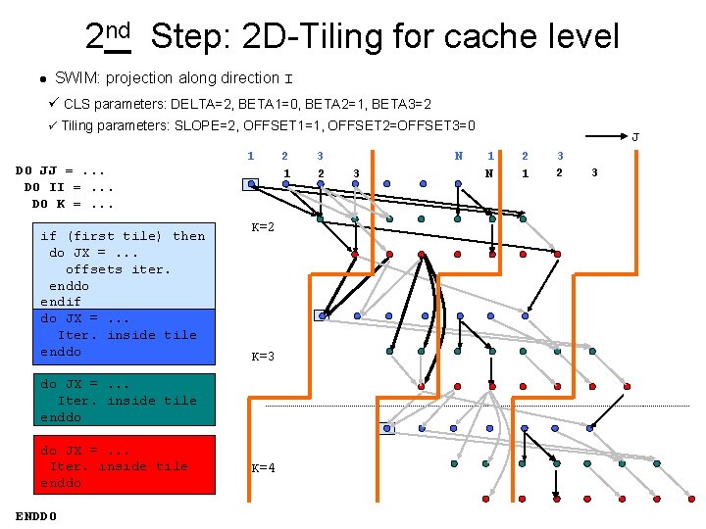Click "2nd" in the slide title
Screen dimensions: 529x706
click(108, 36)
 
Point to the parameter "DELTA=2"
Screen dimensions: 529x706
click(197, 103)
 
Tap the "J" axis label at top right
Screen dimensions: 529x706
click(634, 137)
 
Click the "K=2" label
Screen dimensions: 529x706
click(263, 227)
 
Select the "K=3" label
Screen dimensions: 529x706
click(263, 357)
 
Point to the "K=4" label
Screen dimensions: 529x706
click(263, 467)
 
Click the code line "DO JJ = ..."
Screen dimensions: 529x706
click(61, 170)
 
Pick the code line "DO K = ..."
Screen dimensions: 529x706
click(73, 204)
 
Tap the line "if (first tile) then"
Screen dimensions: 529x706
click(123, 236)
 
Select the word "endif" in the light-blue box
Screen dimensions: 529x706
click(60, 302)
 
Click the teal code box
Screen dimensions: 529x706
click(126, 401)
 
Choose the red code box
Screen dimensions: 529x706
click(126, 466)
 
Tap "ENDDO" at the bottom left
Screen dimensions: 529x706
click(36, 515)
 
